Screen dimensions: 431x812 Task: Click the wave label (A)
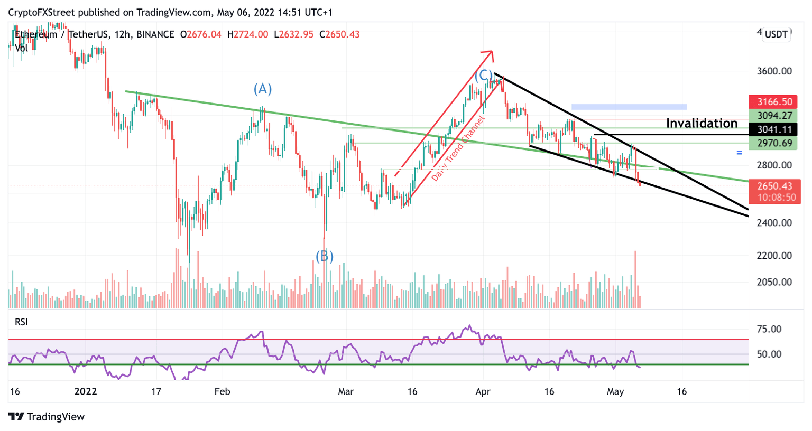[262, 89]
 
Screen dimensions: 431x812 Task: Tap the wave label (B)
[324, 257]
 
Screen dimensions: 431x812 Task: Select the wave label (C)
[483, 76]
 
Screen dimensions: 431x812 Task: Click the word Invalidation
[702, 124]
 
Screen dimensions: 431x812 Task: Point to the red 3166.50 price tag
[774, 102]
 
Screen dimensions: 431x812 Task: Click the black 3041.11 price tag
[774, 129]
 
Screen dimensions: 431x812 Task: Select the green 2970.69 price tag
[774, 143]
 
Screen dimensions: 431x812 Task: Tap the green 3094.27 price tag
[774, 116]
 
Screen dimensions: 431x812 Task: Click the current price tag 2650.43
[774, 186]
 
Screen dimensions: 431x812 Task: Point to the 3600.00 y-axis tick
[774, 71]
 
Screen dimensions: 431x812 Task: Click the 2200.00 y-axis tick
[774, 256]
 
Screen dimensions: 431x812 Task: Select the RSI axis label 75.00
[769, 330]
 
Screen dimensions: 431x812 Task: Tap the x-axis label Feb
[222, 392]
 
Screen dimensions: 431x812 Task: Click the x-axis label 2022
[86, 392]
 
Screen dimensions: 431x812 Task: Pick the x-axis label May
[615, 392]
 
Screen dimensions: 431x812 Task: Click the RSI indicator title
[21, 322]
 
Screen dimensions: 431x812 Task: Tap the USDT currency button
[776, 35]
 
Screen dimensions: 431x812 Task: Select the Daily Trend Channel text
[457, 149]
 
